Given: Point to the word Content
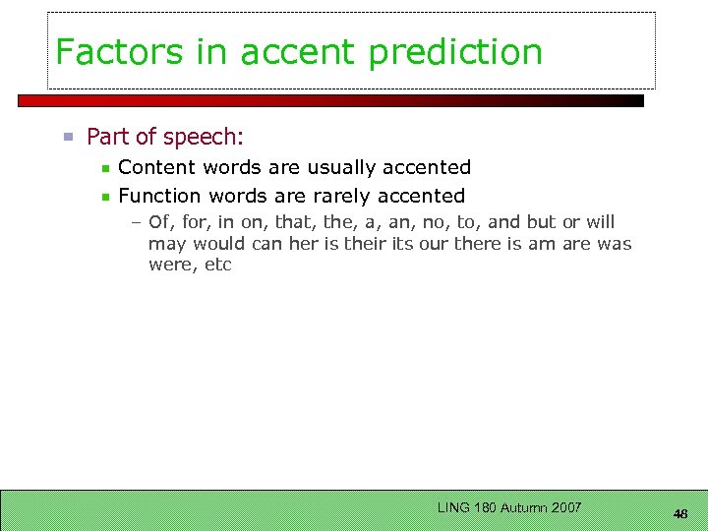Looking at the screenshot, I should [x=157, y=168].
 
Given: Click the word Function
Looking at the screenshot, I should [x=159, y=196].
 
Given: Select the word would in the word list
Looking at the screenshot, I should [x=219, y=244].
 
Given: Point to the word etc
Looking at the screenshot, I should [x=217, y=265].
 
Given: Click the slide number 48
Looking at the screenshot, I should [x=680, y=514].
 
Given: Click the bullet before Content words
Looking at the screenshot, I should [x=105, y=169].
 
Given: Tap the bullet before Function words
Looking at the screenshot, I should [x=105, y=197].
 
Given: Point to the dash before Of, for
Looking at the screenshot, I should [x=137, y=223].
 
